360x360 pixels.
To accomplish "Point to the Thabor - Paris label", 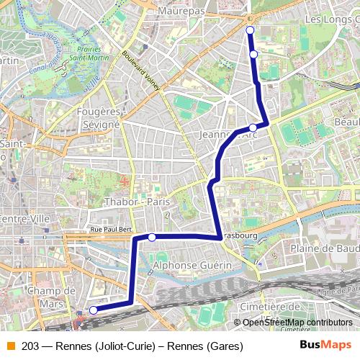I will click(x=137, y=202).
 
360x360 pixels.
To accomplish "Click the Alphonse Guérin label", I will click(x=193, y=265).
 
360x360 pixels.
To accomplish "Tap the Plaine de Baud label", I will click(x=324, y=248).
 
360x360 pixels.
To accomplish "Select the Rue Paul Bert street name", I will click(x=110, y=230).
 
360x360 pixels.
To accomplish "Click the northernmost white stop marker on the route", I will click(x=250, y=30).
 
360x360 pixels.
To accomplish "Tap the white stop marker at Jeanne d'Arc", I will click(x=253, y=127).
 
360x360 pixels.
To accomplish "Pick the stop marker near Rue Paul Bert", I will click(x=152, y=237).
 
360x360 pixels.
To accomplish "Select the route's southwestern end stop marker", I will click(x=93, y=310).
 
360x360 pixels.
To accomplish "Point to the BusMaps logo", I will click(x=325, y=346).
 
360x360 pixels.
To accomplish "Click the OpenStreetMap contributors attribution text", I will click(x=297, y=323).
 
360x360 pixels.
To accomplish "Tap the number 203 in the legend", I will click(x=30, y=346).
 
